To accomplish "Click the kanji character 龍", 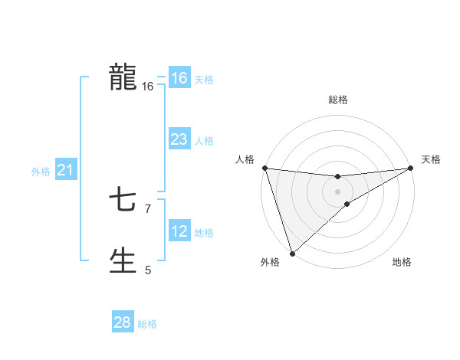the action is point(123,78).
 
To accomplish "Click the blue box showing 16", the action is point(179,78).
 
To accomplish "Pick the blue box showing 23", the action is point(179,139).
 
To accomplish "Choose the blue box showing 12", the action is point(179,231).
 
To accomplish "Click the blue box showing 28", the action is point(123,322).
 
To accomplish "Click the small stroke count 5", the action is point(148,270).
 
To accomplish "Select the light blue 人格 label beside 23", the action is point(204,141).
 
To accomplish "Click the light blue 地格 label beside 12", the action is point(204,233).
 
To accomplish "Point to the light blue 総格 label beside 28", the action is point(147,324).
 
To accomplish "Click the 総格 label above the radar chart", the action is point(338,100).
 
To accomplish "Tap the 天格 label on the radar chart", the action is point(431,159).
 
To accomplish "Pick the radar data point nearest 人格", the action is point(264,168).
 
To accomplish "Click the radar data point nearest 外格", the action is point(292,253).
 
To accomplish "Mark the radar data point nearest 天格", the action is point(411,168).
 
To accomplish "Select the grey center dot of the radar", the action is point(338,191).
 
